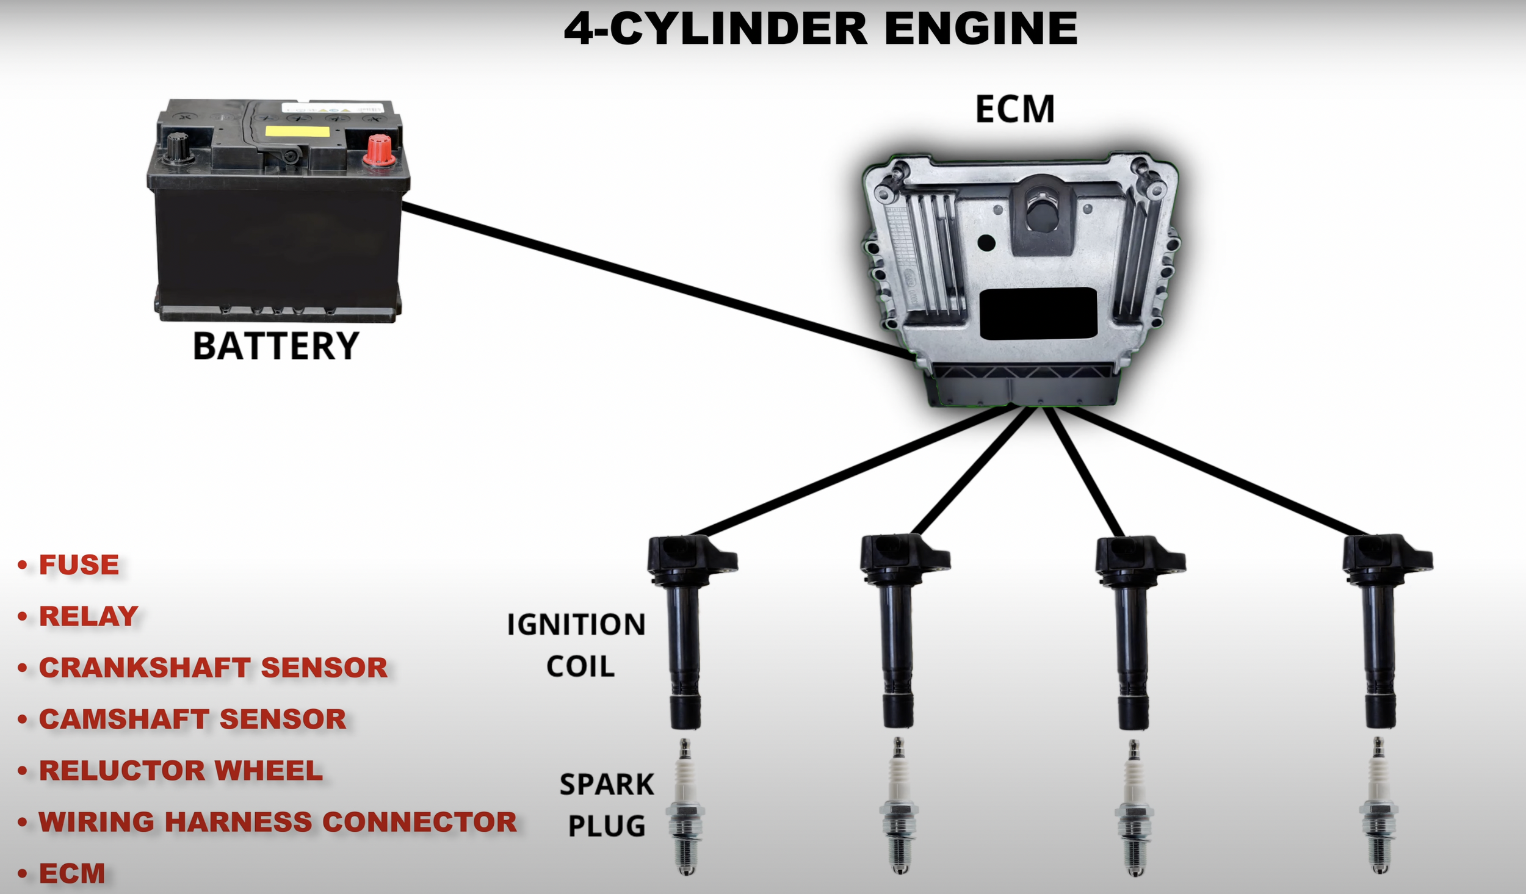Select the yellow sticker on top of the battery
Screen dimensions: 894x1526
coord(297,131)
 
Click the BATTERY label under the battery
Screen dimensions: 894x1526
coord(276,346)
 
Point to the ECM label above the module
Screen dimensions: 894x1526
coord(1014,110)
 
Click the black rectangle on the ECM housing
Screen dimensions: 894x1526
coord(1038,314)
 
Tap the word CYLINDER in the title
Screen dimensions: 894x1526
coord(739,29)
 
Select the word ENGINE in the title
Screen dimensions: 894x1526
coord(980,29)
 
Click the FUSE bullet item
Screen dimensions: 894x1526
coord(79,565)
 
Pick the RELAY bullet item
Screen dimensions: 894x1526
coord(89,616)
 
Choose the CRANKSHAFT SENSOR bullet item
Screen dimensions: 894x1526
coord(213,668)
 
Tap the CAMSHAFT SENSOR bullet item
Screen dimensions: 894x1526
coord(192,719)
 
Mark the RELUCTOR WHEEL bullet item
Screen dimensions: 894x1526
coord(181,771)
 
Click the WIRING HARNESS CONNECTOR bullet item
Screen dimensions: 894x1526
coord(278,822)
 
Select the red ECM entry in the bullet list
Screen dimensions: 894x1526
coord(72,873)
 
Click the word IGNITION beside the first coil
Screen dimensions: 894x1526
coord(576,625)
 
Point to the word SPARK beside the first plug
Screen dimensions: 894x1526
coord(607,785)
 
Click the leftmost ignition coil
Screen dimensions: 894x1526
coord(685,629)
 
